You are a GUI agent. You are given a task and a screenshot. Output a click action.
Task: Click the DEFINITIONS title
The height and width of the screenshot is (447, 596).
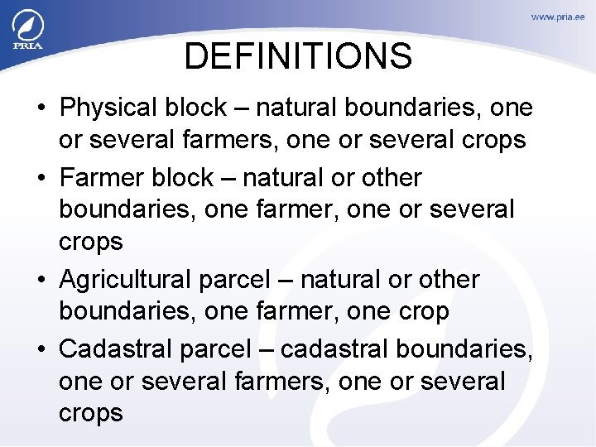297,56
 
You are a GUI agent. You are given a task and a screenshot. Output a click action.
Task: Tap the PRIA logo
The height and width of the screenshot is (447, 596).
26,31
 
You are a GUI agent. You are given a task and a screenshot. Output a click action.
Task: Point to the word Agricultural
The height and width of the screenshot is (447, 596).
126,280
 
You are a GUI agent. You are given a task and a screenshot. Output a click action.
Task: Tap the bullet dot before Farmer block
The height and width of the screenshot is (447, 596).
40,179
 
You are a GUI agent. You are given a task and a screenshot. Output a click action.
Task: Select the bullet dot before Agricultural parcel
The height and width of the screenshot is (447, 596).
40,281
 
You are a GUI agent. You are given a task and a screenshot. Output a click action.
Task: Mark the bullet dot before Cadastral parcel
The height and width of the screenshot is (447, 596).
40,349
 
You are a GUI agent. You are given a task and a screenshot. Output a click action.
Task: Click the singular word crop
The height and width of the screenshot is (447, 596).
424,313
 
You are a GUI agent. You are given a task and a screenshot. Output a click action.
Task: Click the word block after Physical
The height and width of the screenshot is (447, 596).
199,108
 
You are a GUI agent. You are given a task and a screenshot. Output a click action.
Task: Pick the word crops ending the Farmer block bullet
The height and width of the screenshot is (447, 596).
91,243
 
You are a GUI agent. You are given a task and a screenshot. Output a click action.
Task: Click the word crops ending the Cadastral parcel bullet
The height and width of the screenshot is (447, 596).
91,414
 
